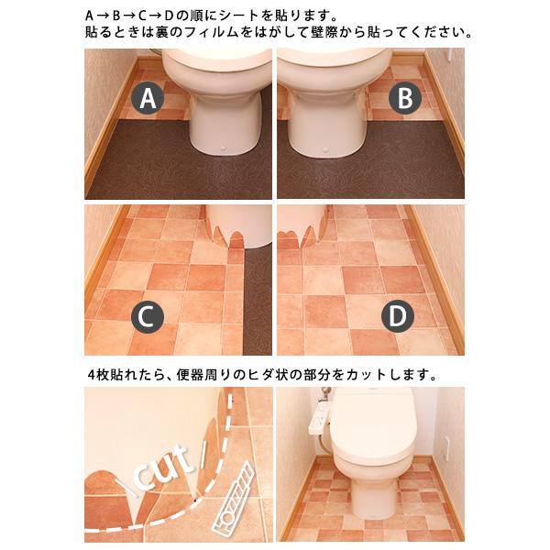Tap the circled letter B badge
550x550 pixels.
(406, 98)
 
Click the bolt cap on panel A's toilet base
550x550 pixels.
(225, 146)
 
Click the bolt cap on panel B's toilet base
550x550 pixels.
(327, 146)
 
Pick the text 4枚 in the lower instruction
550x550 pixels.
(97, 374)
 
